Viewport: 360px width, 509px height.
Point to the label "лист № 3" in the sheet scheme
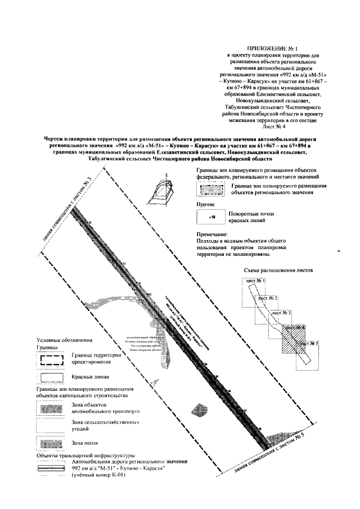(280, 313)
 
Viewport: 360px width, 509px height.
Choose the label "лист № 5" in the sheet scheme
(309, 344)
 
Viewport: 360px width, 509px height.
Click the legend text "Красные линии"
(89, 376)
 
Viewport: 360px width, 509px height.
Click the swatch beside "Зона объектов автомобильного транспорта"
(51, 407)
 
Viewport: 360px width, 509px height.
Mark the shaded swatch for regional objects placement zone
(210, 189)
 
